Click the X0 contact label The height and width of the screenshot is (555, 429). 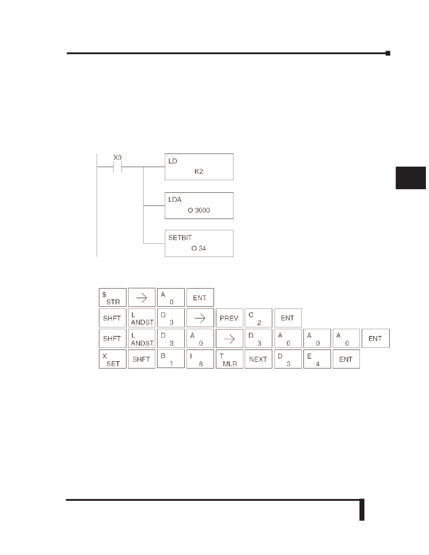tap(117, 158)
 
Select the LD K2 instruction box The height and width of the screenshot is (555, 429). tap(199, 167)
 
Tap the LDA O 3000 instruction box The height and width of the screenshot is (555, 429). tap(199, 205)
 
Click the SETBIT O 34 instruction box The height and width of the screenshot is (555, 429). tap(199, 243)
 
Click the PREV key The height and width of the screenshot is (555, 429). tap(229, 318)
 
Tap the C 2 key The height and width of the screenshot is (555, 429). tap(258, 318)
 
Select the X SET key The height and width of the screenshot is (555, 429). tap(112, 359)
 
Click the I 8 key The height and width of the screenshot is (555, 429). tap(200, 359)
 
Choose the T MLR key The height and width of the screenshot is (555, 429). tap(229, 359)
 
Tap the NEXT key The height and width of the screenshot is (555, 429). tap(258, 359)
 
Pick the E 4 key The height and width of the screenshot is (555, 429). tap(317, 359)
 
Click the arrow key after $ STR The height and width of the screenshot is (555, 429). tap(142, 297)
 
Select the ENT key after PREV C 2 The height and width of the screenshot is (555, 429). tap(288, 318)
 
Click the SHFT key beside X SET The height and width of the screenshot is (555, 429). tap(142, 359)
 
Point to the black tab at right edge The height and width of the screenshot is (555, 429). tap(410, 178)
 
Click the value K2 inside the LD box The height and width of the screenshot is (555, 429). tap(199, 172)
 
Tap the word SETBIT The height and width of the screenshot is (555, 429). tap(180, 238)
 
